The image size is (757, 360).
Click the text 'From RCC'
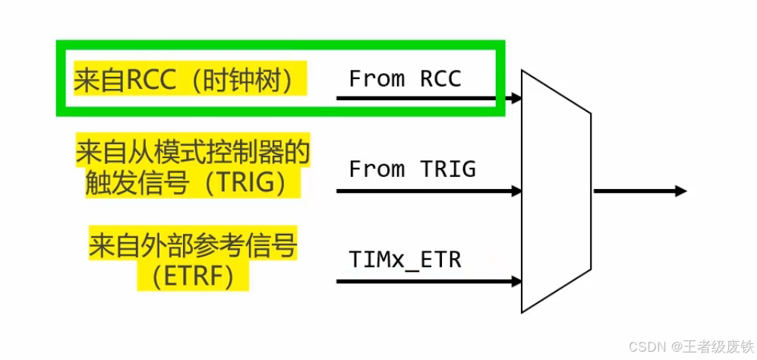click(405, 79)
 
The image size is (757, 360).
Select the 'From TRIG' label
click(412, 169)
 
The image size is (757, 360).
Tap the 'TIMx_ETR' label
click(405, 260)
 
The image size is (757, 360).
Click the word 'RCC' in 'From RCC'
click(440, 79)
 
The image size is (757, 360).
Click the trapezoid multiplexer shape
click(556, 190)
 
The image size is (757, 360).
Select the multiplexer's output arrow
click(638, 191)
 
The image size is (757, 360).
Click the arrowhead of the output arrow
click(680, 191)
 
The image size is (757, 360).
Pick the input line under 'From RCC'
click(425, 98)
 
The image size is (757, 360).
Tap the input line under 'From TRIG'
click(425, 191)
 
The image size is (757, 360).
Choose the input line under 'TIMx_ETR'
click(425, 282)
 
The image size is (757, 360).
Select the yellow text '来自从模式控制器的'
click(193, 153)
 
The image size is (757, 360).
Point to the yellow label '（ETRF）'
click(193, 277)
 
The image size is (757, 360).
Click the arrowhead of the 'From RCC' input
click(517, 98)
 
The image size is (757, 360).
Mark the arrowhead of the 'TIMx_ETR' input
click(517, 282)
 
